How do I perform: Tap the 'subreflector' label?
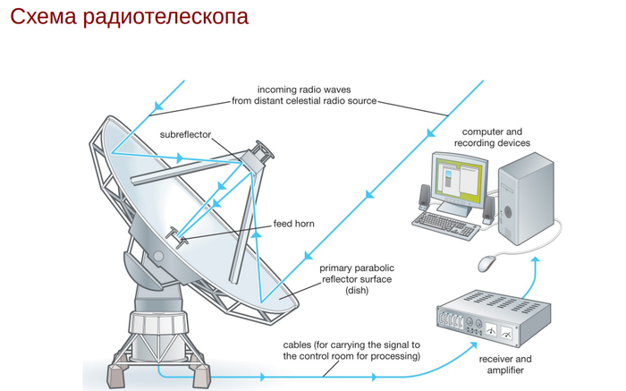pos(186,134)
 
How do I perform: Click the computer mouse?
pos(487,263)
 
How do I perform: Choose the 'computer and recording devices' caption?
pos(492,137)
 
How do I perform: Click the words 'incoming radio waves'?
pos(305,89)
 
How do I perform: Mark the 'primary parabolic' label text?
pos(354,267)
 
